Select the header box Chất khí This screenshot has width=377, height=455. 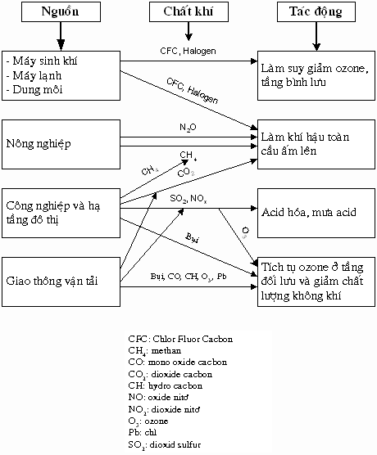[188, 13]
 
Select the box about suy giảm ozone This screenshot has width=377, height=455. [316, 70]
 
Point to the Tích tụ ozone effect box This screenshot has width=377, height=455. [316, 279]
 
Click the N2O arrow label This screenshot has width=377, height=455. [188, 128]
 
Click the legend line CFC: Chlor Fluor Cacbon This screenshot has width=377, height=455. [180, 338]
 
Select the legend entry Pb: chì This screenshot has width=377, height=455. [147, 432]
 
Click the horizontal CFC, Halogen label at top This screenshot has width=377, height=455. [188, 51]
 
